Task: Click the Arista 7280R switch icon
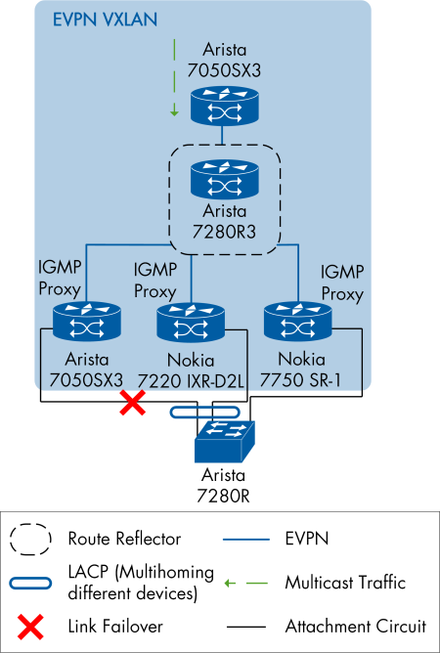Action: (225, 441)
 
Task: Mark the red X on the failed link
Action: (132, 403)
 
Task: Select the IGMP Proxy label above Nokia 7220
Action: (154, 281)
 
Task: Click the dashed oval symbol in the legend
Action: (32, 538)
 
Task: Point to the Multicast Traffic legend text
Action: (345, 583)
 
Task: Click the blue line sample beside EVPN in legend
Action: (245, 538)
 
